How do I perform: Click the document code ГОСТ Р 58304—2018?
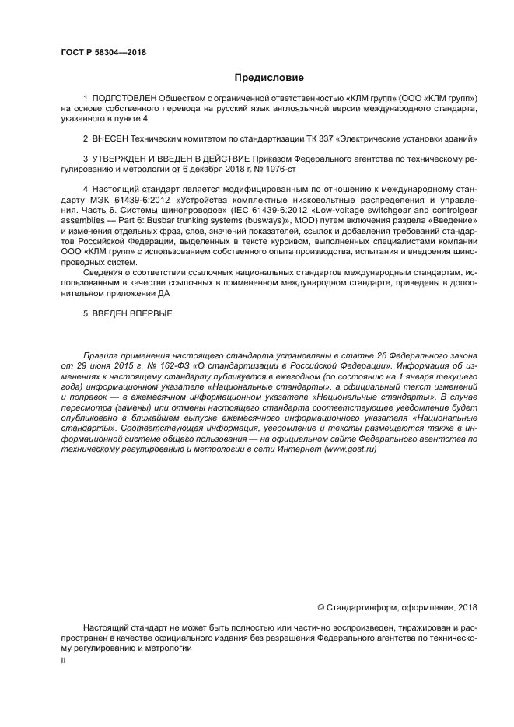click(x=103, y=53)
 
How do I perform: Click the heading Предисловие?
click(x=269, y=78)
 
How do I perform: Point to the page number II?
click(x=63, y=659)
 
